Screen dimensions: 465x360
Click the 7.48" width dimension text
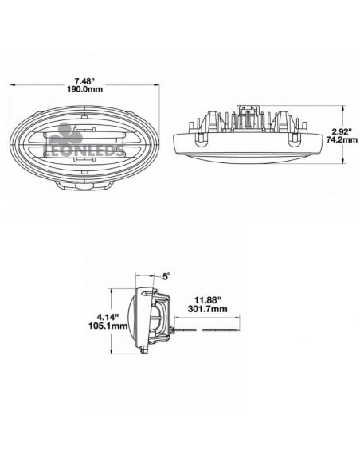(84, 80)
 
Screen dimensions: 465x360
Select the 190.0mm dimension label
(84, 90)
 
